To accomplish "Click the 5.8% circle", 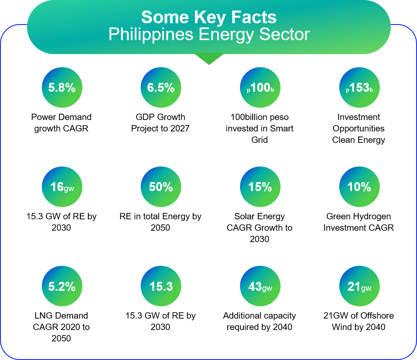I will coord(62,88).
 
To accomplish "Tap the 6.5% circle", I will coord(161,88).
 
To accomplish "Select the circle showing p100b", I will coord(260,88).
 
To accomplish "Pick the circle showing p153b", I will coord(359,88).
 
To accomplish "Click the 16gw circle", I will coord(62,187).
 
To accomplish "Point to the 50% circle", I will coord(161,187).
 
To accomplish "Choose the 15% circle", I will coord(260,187).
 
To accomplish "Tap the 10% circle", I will coord(359,187).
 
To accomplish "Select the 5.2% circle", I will coord(62,286).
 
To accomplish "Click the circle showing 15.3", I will coord(161,286).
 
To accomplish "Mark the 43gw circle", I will coord(260,286).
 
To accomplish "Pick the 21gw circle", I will coord(359,286).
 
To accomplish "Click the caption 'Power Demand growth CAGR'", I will coord(62,123).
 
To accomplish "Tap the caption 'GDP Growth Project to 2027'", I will coord(161,123).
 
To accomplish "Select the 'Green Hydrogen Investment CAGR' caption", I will coord(359,222).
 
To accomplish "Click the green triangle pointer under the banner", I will coord(209,58).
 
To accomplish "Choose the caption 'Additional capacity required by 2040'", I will coord(259,321).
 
